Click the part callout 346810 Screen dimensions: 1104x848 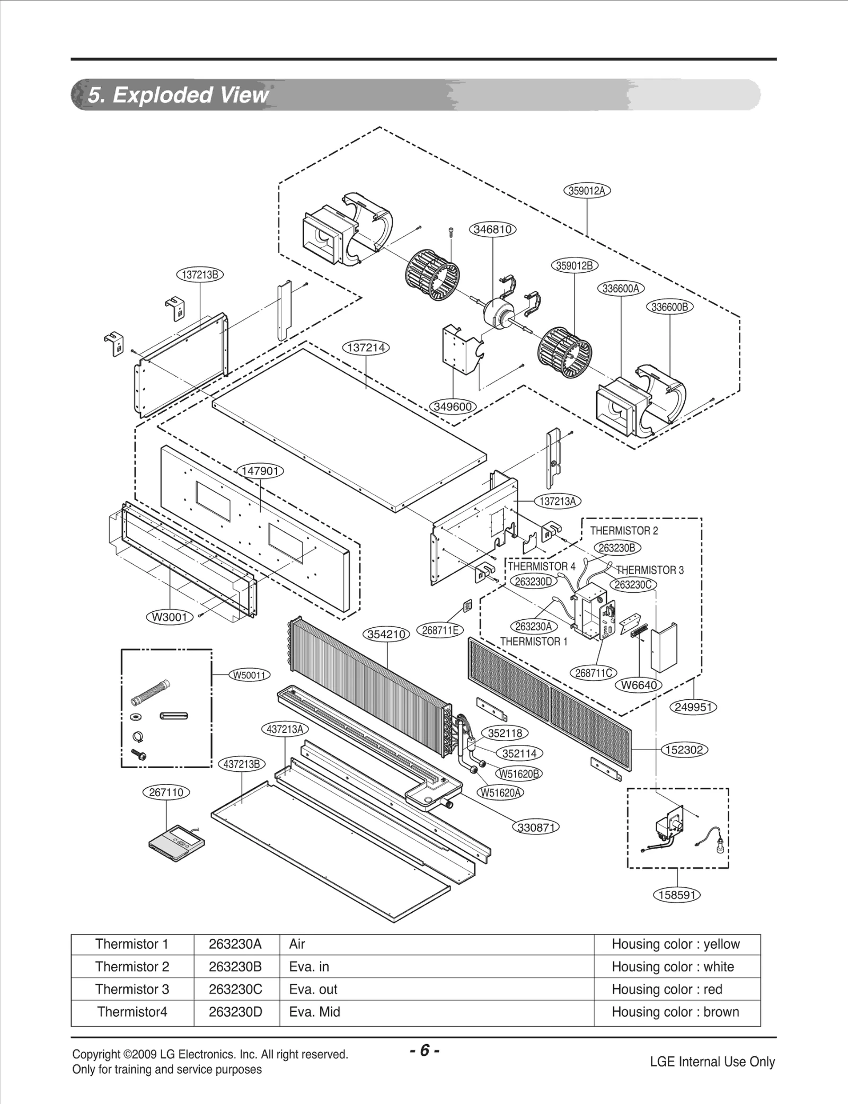(492, 229)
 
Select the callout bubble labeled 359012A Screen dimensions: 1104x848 (586, 191)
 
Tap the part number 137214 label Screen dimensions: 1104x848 (366, 348)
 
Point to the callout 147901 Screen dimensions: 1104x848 (260, 471)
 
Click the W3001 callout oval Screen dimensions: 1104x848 (170, 617)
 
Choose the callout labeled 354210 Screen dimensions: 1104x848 (386, 634)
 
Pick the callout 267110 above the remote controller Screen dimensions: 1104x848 (166, 793)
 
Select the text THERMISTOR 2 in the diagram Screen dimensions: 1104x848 (624, 531)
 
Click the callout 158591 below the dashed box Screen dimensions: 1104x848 (676, 895)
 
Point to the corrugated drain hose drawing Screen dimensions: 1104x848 (150, 693)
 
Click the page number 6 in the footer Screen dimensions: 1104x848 (424, 1050)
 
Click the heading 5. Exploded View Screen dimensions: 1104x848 (178, 95)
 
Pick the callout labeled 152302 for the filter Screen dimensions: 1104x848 (685, 750)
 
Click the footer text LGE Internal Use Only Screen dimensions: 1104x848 (712, 1062)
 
